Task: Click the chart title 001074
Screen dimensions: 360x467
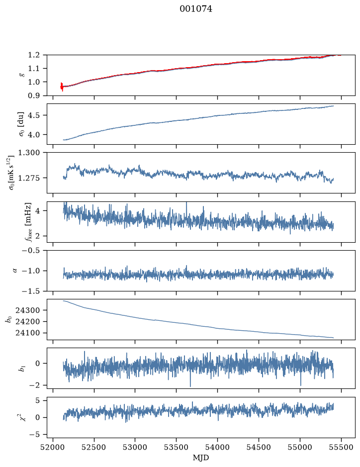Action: click(x=196, y=9)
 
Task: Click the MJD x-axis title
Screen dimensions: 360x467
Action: click(x=201, y=458)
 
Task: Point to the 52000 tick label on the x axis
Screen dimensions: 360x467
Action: click(x=53, y=447)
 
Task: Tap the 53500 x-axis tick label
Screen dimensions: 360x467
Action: click(x=177, y=447)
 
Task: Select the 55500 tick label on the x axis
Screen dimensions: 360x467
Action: click(x=341, y=447)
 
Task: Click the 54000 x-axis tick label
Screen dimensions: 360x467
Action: click(x=217, y=447)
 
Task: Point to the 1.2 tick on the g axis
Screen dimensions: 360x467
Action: click(x=34, y=55)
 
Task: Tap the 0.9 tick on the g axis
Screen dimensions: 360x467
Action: click(x=34, y=95)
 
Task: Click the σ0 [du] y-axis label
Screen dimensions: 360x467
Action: click(x=21, y=124)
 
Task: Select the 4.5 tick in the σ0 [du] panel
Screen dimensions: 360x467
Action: click(x=34, y=115)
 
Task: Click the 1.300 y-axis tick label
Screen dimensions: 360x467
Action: click(x=29, y=153)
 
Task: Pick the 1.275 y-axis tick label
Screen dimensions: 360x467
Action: click(x=29, y=178)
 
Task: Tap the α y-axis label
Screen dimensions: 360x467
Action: click(x=15, y=271)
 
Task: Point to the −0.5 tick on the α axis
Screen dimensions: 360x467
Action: click(x=31, y=250)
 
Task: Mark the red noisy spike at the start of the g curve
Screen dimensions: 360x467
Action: click(x=62, y=87)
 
